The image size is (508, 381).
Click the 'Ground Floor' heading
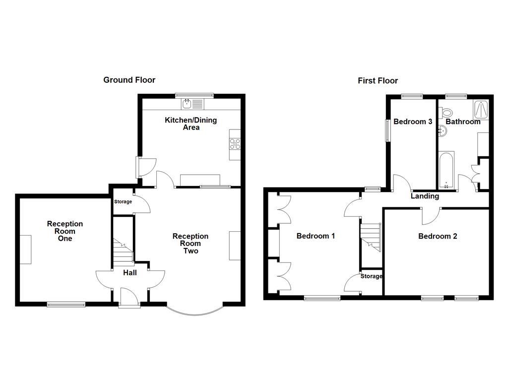129,80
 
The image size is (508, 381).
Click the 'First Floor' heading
378,81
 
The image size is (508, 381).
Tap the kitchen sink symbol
188,104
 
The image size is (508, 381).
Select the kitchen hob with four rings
235,143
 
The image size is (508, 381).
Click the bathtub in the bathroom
446,171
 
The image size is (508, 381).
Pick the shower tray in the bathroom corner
481,109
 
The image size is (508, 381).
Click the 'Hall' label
129,272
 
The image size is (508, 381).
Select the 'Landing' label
425,196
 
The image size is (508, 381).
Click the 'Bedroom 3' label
413,122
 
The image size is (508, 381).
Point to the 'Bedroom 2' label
437,236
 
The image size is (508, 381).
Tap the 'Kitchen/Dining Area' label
191,124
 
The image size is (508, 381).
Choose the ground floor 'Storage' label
123,202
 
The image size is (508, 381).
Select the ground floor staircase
123,251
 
